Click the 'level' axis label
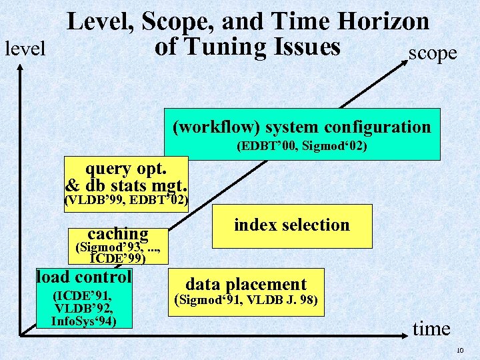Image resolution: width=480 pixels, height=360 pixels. [25, 49]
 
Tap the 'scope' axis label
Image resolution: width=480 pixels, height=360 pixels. [433, 53]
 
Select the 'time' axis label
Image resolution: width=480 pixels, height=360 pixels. [432, 328]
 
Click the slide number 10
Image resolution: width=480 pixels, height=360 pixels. [459, 351]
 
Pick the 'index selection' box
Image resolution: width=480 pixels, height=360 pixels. [292, 225]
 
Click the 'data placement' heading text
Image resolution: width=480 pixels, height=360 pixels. [246, 284]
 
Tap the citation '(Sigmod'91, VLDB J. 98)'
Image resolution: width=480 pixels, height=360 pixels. [248, 299]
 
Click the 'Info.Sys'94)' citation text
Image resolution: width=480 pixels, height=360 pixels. [84, 321]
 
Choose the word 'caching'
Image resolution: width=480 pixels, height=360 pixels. [118, 233]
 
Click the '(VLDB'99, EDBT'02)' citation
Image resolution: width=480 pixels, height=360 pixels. [126, 200]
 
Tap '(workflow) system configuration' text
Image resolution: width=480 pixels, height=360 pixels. [302, 127]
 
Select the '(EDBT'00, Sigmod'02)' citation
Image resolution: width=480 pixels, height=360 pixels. [302, 145]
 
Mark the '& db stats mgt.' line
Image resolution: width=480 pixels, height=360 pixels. [126, 185]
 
